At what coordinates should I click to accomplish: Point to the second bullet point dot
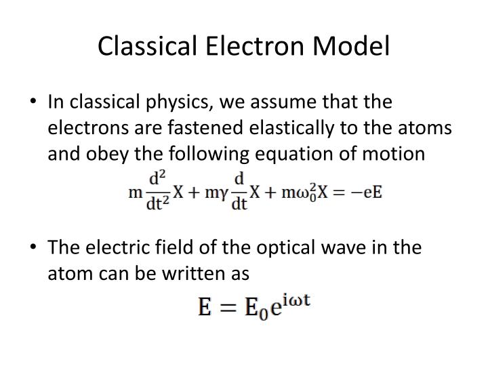click(35, 247)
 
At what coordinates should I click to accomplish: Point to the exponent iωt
click(296, 300)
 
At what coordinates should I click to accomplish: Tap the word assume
click(270, 102)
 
